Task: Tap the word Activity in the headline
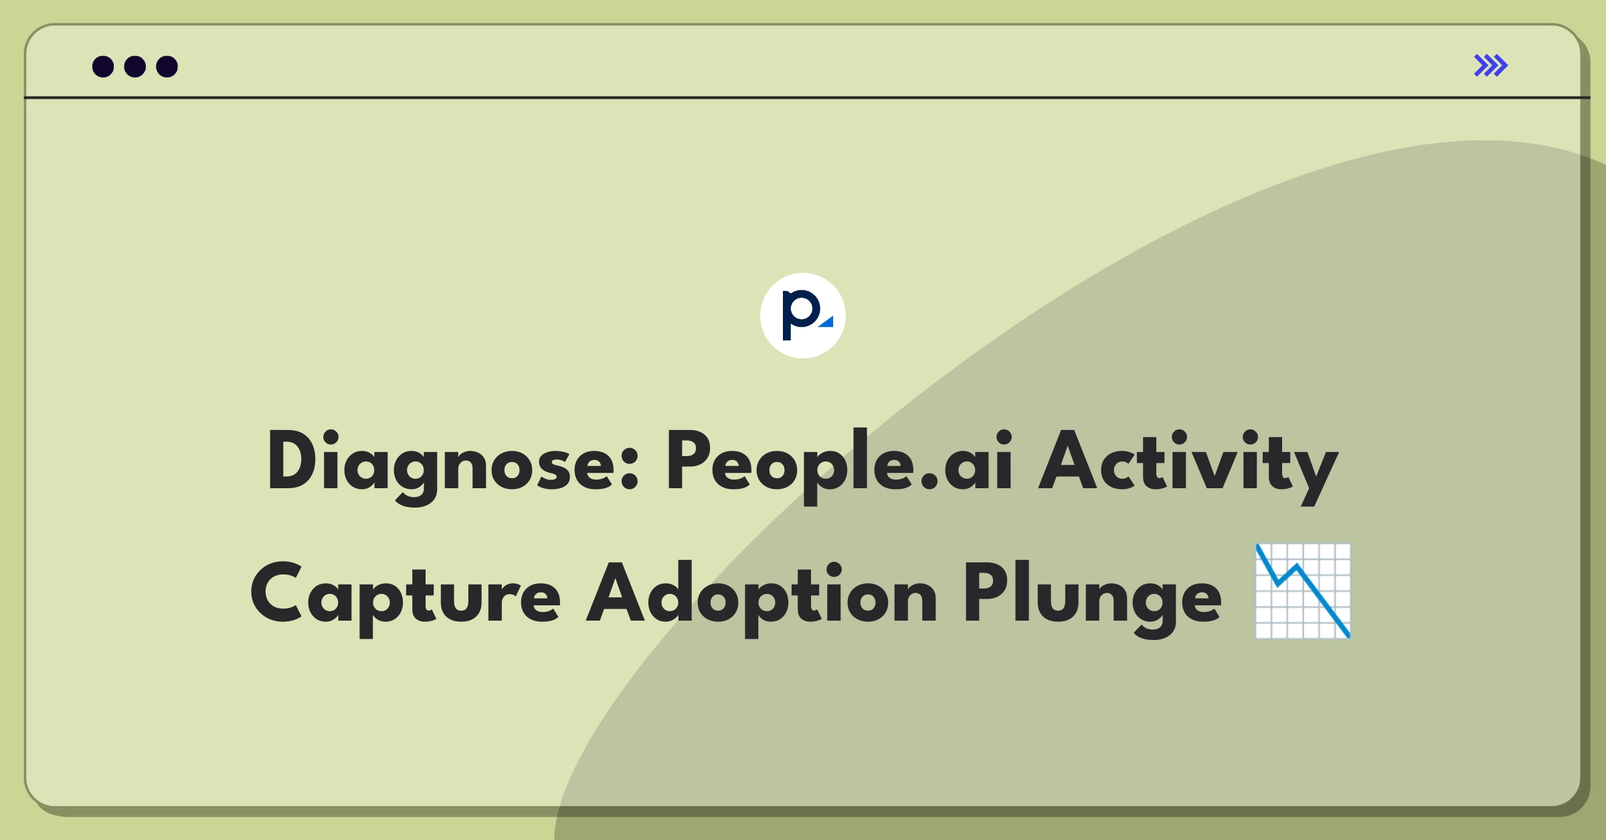click(x=1188, y=466)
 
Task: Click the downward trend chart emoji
click(x=1303, y=591)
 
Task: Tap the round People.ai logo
click(x=803, y=316)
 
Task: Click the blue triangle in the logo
click(x=827, y=322)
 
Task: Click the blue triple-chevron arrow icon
click(x=1491, y=66)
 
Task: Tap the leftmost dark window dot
click(x=103, y=66)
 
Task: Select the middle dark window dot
click(x=135, y=66)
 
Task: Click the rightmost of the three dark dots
click(x=167, y=66)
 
